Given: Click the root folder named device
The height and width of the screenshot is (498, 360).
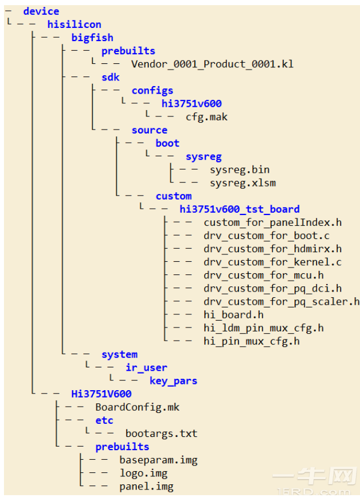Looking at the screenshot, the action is tap(41, 11).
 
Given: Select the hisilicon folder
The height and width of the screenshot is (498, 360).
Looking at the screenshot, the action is tap(74, 25).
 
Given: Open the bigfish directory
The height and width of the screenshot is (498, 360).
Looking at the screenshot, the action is tap(92, 38).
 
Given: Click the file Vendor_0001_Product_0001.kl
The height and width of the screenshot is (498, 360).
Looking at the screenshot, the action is tap(212, 64).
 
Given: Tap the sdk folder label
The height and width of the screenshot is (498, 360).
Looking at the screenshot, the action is tap(110, 78).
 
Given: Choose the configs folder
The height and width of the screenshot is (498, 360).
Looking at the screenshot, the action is tap(152, 91).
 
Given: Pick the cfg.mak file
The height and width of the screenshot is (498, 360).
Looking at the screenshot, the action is tap(207, 117).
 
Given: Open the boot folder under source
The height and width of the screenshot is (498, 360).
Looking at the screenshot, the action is tap(168, 143).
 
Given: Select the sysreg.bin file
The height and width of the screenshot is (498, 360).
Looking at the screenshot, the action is tap(240, 170).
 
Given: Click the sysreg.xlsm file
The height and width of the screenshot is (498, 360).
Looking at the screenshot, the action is tap(242, 183).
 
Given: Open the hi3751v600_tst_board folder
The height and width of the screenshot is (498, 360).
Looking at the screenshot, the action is tap(240, 209).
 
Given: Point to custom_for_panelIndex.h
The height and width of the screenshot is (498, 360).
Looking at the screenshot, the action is tap(273, 222).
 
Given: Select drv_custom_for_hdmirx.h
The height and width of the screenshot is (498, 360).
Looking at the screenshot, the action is tap(273, 249).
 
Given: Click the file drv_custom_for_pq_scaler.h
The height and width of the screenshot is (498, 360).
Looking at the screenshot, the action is tap(281, 302).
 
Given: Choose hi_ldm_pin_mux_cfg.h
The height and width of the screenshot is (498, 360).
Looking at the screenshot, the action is tap(264, 328).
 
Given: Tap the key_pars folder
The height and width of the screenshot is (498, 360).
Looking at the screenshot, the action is tap(173, 381).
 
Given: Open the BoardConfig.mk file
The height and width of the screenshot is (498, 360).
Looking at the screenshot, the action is tap(137, 407).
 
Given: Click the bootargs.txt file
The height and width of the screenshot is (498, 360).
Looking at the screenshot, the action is tap(161, 434).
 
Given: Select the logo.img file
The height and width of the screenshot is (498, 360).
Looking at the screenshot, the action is tap(143, 473).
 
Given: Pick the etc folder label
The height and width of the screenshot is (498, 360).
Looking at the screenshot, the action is tap(104, 420).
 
